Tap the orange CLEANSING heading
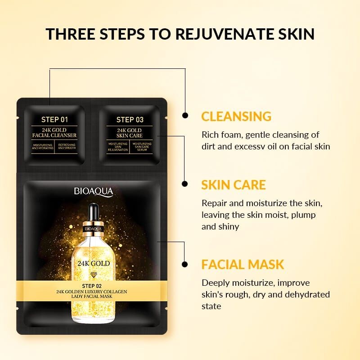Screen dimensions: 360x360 click(x=236, y=116)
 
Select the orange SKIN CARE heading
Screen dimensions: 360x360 click(x=234, y=184)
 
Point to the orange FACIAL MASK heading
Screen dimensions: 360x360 click(x=243, y=264)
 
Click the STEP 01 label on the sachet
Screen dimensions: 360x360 click(x=54, y=120)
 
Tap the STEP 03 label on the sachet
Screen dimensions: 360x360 click(x=130, y=120)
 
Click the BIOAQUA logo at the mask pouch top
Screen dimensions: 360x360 click(x=94, y=191)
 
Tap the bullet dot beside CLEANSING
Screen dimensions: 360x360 click(x=185, y=116)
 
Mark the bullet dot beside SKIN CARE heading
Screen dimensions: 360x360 click(x=185, y=184)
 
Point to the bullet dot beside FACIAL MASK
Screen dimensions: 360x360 click(x=185, y=264)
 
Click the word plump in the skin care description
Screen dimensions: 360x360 click(x=305, y=215)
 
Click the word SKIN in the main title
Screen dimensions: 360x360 click(x=295, y=34)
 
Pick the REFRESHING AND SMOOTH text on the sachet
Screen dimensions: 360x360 click(x=67, y=146)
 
